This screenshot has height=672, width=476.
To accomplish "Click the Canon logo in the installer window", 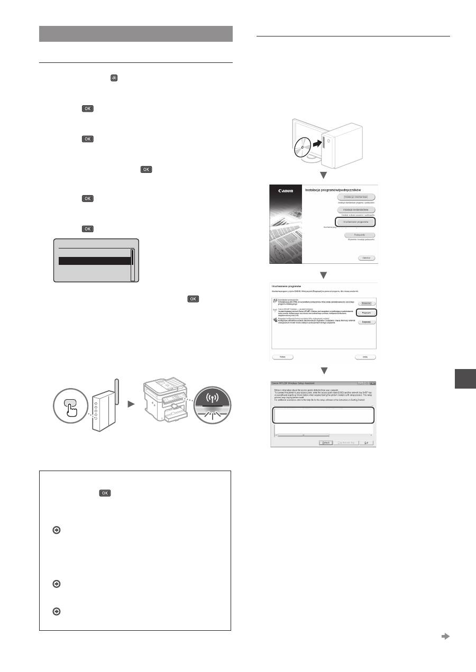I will click(x=286, y=192).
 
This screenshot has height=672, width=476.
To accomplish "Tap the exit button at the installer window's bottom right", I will click(x=365, y=258).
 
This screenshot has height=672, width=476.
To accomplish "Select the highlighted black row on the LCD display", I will click(x=94, y=261).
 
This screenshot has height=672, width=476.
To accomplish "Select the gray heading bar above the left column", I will click(x=136, y=33).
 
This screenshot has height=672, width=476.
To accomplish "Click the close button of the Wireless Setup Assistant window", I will click(x=372, y=382).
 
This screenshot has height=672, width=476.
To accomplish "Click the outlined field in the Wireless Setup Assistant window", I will click(x=324, y=415).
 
